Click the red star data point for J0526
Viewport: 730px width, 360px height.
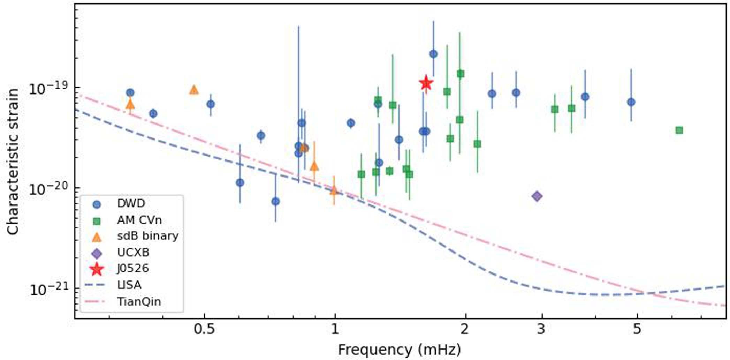coord(426,83)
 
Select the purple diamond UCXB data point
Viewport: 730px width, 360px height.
coord(537,196)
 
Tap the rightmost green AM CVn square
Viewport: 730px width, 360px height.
coord(679,130)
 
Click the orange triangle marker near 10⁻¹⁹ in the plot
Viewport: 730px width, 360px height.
coord(194,90)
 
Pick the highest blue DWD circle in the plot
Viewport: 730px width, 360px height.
coord(433,54)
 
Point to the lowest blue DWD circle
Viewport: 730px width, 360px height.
coord(275,201)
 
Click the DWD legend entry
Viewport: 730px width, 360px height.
coord(131,204)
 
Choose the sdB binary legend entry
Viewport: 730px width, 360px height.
coord(147,236)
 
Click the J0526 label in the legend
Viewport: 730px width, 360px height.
coord(133,269)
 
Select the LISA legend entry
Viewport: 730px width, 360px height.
coord(129,285)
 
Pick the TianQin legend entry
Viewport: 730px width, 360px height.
coord(139,302)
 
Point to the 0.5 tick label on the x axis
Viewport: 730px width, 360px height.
coord(204,329)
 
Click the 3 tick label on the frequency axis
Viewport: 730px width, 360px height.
coord(541,329)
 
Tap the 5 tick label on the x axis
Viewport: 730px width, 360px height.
coord(637,329)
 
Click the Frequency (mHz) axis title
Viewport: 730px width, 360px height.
coord(399,350)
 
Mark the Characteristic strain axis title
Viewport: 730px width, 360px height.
coord(13,161)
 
